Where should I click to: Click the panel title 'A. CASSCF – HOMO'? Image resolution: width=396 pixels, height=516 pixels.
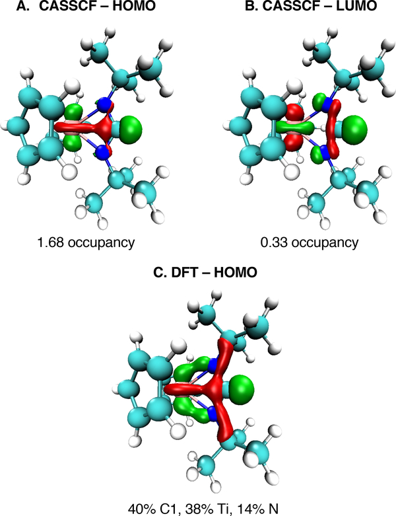pos(89,10)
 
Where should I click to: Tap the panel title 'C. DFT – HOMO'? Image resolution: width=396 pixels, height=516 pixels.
pos(196,277)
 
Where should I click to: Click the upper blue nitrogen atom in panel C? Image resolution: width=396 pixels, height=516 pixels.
pos(213,365)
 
